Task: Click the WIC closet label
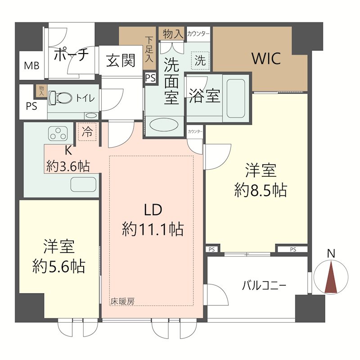pos(266,58)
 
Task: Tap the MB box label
pos(31,66)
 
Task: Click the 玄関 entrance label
pos(121,60)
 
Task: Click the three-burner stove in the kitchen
pos(58,133)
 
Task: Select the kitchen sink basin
pos(84,184)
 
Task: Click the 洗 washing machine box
pos(200,61)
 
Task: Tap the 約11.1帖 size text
pos(153,229)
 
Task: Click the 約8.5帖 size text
pos(261,191)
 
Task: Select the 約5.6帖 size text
pos(59,266)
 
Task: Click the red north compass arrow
pos(331,278)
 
